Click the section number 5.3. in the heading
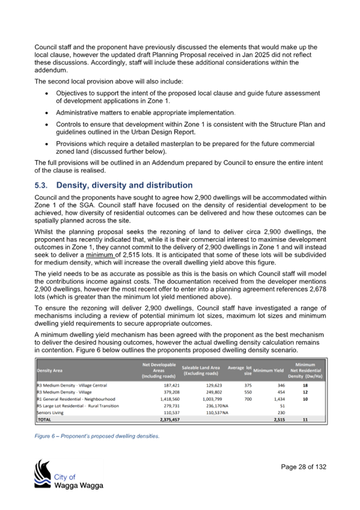coord(41,185)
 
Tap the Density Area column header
coord(50,370)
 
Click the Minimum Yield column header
coord(269,370)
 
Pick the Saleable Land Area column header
coord(201,370)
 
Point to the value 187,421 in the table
coord(172,386)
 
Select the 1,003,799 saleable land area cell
coord(213,399)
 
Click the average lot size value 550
coord(248,392)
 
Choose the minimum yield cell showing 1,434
coord(279,399)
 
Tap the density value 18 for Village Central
coord(305,386)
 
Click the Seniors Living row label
coord(50,413)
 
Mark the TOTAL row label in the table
coord(44,420)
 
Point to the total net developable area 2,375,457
coord(169,420)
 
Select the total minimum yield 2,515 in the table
coord(279,420)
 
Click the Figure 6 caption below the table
coord(97,436)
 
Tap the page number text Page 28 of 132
coord(304,467)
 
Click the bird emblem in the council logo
coord(43,473)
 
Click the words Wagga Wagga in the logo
coord(79,486)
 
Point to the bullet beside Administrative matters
coord(47,113)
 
